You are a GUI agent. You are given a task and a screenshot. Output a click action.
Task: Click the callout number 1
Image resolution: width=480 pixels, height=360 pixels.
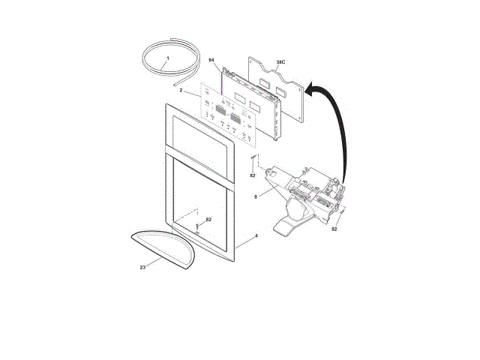coord(167,58)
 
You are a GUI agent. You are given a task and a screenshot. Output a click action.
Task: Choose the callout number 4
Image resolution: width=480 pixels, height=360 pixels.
coord(256,236)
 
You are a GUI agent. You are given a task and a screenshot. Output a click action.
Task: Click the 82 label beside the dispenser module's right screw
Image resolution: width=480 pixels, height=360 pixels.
coord(334,229)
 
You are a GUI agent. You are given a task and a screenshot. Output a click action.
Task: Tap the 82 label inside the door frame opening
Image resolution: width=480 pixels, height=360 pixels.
coord(208,219)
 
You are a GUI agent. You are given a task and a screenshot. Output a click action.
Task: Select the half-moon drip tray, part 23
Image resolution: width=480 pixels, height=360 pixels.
coord(161,247)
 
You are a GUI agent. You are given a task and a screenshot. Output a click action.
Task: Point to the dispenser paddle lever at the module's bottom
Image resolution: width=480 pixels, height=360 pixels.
coord(289,225)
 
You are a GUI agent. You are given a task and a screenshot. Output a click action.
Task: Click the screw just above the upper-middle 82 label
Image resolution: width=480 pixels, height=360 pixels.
coord(254,161)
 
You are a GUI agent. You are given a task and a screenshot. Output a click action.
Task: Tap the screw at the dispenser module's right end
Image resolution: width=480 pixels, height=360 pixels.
coord(342,214)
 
